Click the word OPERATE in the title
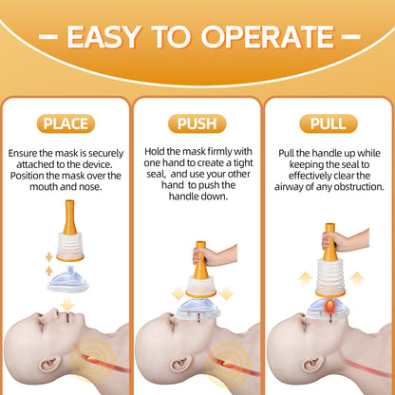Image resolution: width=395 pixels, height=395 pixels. click(x=268, y=37)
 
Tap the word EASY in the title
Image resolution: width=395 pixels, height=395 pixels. click(x=104, y=37)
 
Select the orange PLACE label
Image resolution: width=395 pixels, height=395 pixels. click(x=66, y=123)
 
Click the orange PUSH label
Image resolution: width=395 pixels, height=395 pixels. click(x=197, y=123)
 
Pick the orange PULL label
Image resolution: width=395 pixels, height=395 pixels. click(x=329, y=123)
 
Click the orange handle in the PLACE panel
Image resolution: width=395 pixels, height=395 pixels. click(x=69, y=216)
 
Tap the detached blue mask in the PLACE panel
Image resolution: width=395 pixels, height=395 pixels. click(x=68, y=279)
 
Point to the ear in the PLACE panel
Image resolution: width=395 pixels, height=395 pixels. click(x=48, y=365)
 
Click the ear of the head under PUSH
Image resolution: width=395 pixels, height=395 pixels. click(x=180, y=365)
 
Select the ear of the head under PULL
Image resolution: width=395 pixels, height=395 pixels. click(x=313, y=365)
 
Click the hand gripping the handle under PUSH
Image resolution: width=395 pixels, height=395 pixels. click(x=215, y=255)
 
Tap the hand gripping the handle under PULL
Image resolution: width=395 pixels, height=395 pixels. click(x=345, y=240)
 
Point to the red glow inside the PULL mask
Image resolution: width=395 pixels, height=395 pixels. click(x=330, y=308)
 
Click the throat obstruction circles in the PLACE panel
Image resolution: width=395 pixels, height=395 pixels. click(x=92, y=360)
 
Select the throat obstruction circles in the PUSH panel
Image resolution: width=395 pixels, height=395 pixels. click(x=228, y=364)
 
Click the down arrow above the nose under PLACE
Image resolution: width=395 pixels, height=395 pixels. click(x=67, y=304)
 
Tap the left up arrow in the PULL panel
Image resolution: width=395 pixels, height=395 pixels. click(x=306, y=278)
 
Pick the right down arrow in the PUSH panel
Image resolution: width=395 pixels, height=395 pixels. click(x=226, y=293)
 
